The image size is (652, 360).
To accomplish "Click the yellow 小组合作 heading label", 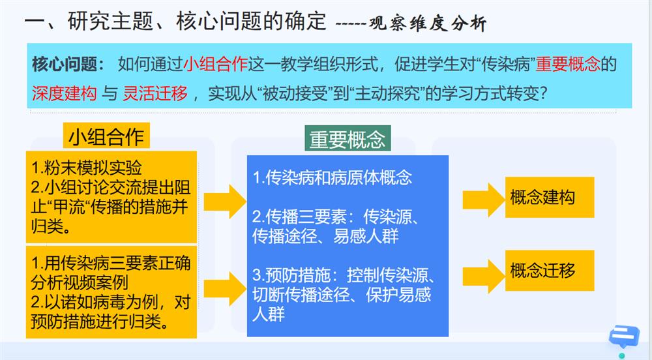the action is point(106,136).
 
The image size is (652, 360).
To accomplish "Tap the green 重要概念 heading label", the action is point(348,138).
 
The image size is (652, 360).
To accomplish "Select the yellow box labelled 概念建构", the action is point(549,197).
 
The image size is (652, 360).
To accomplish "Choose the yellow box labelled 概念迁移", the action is point(549,271).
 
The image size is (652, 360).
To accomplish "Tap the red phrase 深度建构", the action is point(65,93).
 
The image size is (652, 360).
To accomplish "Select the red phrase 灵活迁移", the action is point(155,93).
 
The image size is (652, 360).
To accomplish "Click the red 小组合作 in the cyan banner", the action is point(215,65).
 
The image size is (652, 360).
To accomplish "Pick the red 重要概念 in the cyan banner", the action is point(568,65).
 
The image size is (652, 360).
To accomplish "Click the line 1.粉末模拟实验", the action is point(87,168).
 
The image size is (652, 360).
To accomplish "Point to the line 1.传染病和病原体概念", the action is point(333,177).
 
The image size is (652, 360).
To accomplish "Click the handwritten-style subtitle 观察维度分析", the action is point(428,23).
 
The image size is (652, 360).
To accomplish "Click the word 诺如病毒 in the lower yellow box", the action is point(92,302).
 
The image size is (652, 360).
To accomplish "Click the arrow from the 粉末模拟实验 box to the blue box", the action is point(225,202).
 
